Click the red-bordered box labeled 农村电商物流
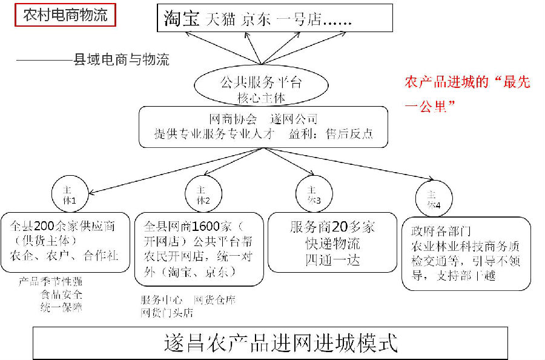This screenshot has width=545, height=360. click(65, 15)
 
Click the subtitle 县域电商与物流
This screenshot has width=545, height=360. click(121, 59)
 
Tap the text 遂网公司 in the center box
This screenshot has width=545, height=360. click(294, 119)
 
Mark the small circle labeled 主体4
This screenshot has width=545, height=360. click(433, 199)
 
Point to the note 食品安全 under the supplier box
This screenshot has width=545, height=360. click(61, 295)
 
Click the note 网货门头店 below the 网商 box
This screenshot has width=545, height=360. click(167, 313)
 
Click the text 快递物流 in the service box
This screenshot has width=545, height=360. click(332, 244)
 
